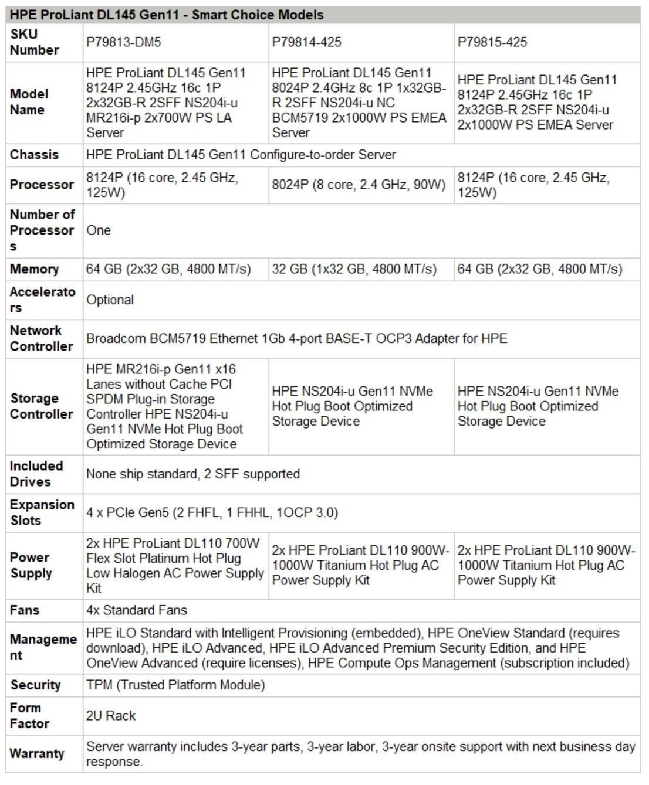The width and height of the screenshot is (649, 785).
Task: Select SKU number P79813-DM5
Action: [x=123, y=42]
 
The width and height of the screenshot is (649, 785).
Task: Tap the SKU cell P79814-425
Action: [x=306, y=42]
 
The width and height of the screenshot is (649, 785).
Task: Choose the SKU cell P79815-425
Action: [x=492, y=42]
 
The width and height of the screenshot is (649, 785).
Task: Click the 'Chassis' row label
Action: [x=34, y=155]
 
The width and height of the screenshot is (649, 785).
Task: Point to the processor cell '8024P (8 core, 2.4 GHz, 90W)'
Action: [x=358, y=185]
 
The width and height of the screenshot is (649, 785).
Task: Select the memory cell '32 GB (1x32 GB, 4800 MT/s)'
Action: [x=354, y=269]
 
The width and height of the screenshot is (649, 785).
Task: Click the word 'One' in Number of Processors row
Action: [x=99, y=230]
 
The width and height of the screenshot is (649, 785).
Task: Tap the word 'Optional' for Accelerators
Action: [x=110, y=300]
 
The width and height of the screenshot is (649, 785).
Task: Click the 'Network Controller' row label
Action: [x=41, y=339]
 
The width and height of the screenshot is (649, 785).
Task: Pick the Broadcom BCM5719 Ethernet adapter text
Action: [x=296, y=339]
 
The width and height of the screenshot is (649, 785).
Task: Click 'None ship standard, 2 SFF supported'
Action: [x=192, y=474]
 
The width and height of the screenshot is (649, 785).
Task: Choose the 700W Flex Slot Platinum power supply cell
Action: [x=174, y=566]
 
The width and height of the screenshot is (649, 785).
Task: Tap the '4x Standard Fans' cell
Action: [x=137, y=610]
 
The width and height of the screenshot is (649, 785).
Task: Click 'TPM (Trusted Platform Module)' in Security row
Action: [x=175, y=685]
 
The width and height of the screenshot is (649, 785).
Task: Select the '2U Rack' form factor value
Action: [x=111, y=716]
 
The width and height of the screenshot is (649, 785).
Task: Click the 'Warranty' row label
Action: [x=36, y=754]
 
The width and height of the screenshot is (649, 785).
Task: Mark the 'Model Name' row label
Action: [x=29, y=102]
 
